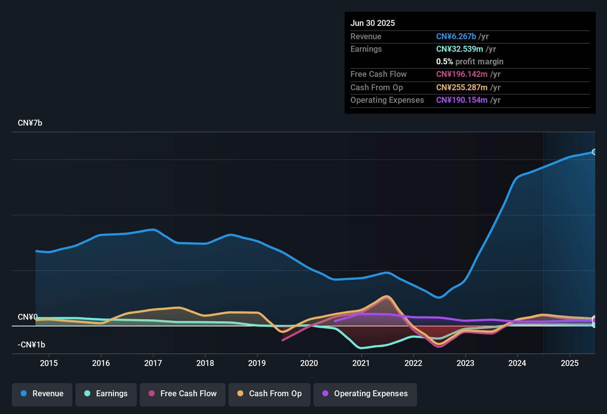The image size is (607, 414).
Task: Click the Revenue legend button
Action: tap(42, 394)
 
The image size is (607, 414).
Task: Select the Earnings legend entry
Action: tap(106, 394)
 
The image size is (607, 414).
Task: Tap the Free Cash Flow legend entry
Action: tap(183, 394)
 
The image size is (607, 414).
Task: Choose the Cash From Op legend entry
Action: tap(269, 394)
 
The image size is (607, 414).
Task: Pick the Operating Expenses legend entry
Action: tap(365, 394)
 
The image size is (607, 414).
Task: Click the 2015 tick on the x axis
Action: tap(49, 363)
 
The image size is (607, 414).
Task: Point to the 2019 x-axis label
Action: tap(257, 363)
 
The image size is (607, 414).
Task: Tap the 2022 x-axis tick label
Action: tap(413, 363)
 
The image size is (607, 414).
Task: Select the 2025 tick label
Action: tap(570, 363)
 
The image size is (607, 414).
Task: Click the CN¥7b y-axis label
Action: tap(30, 123)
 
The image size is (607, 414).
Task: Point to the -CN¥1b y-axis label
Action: tap(31, 345)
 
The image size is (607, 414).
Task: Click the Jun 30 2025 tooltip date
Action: tap(373, 23)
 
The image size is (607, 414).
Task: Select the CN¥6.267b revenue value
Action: tap(456, 37)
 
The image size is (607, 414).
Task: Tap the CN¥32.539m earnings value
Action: tap(460, 49)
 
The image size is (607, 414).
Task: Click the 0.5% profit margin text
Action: tap(469, 62)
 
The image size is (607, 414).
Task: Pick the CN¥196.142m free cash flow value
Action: tap(462, 74)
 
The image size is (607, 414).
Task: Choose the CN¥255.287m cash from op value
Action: tap(462, 88)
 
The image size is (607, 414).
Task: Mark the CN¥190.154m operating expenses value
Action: tap(462, 100)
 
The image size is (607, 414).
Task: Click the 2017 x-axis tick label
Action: tap(153, 363)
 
